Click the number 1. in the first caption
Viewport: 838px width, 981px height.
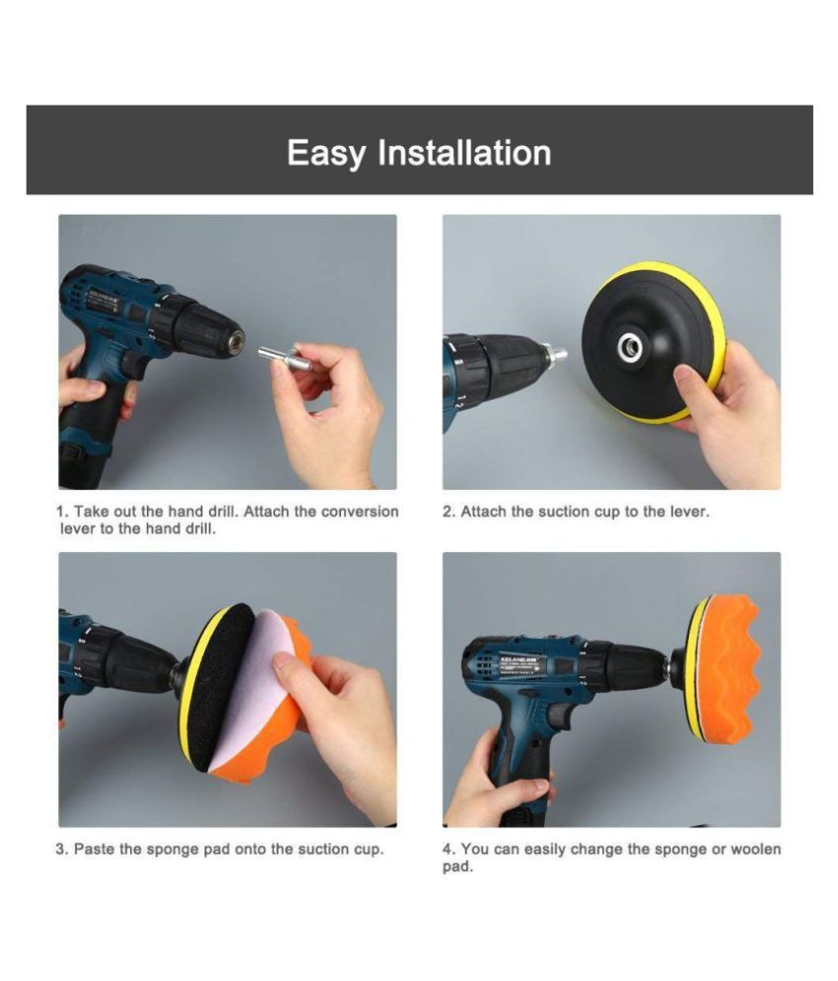pyautogui.click(x=62, y=512)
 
